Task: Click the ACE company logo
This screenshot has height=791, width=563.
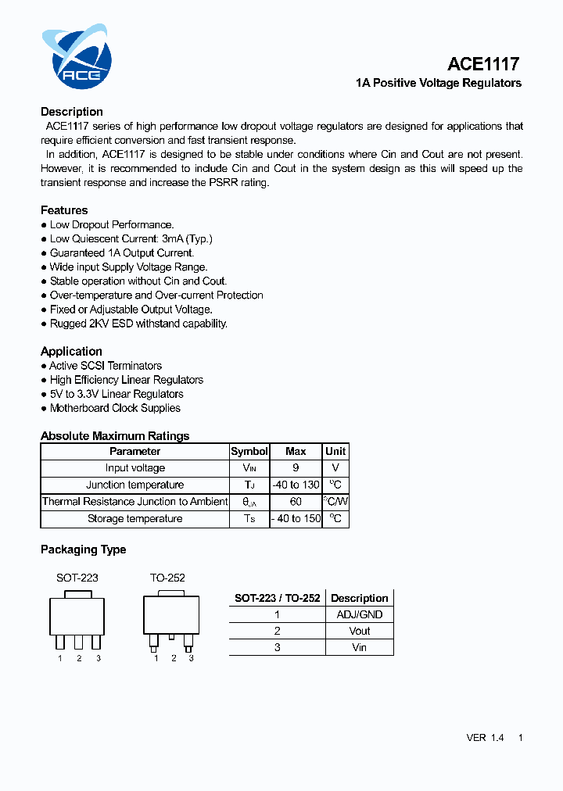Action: [77, 59]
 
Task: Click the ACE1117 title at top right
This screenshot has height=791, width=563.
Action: [483, 64]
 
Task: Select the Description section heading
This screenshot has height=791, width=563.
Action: [72, 112]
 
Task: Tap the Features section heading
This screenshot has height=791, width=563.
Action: [64, 210]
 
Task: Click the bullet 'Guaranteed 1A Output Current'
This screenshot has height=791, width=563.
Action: [121, 253]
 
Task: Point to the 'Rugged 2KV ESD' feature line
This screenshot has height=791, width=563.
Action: [138, 324]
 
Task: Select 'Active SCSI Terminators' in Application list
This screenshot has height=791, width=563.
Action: [106, 366]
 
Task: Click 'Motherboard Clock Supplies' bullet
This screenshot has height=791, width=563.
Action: [115, 408]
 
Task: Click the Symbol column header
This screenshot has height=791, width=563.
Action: [249, 452]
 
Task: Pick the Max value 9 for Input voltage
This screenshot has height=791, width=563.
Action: [296, 468]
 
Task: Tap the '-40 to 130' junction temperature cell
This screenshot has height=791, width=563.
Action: [296, 485]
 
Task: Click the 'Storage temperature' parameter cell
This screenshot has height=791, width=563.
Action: [134, 519]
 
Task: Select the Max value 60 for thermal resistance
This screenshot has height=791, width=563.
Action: [296, 502]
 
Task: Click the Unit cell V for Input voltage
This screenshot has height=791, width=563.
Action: [335, 468]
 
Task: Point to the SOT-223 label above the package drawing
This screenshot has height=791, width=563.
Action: [77, 578]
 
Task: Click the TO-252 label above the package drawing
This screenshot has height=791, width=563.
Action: [167, 578]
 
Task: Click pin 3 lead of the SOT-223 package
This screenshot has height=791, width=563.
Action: [96, 642]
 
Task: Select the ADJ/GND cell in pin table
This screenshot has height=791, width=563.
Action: [359, 614]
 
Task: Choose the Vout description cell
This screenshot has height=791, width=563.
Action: [359, 631]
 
